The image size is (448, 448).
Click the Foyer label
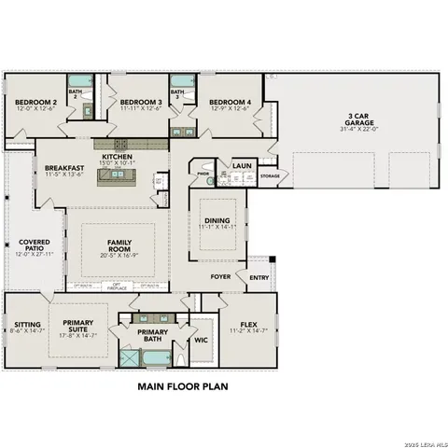click(220, 276)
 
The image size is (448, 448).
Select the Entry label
click(259, 276)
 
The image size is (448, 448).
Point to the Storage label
click(270, 175)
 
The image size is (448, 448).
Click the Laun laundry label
click(243, 165)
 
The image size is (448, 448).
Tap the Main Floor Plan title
click(183, 384)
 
